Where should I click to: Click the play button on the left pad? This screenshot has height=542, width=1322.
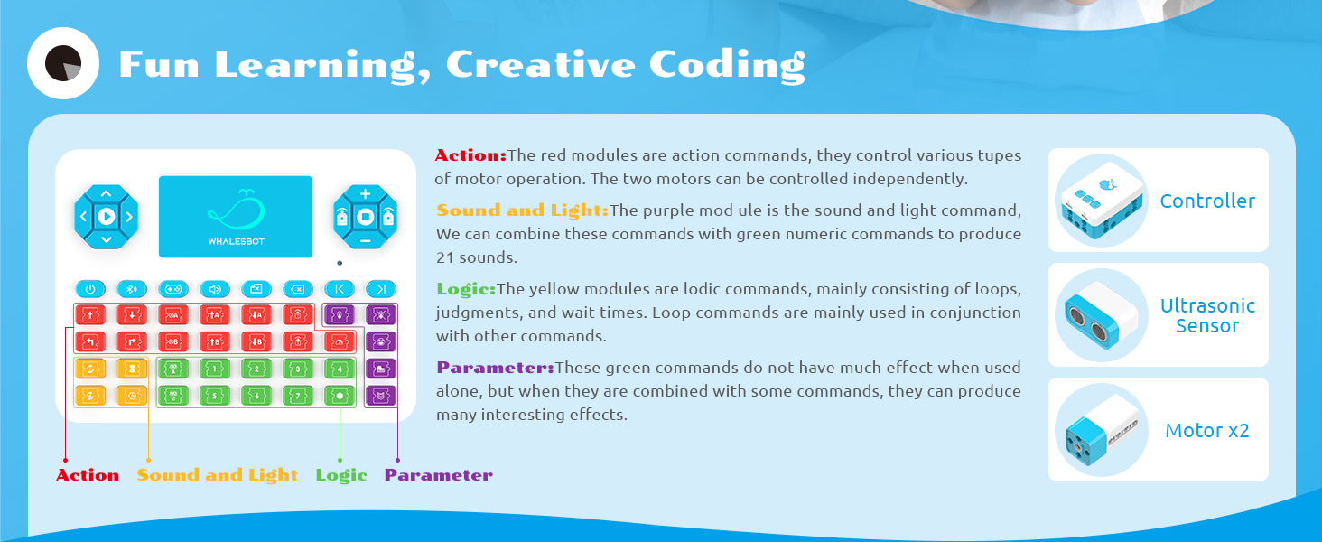(x=107, y=216)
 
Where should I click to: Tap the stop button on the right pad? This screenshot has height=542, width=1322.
(x=365, y=217)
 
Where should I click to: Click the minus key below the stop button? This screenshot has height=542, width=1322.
(x=365, y=241)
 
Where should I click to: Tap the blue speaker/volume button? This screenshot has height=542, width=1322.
(x=214, y=289)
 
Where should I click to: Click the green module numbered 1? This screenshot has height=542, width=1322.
(x=214, y=369)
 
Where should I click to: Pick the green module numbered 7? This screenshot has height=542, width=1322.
(x=297, y=396)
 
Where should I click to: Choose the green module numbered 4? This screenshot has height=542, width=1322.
(x=339, y=369)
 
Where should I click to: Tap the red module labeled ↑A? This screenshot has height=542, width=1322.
(x=214, y=315)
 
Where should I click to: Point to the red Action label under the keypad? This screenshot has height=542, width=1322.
(x=88, y=475)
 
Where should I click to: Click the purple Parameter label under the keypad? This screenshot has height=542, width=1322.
(x=439, y=475)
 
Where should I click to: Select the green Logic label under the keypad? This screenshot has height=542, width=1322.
(x=341, y=475)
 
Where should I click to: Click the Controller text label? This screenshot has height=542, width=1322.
(x=1207, y=201)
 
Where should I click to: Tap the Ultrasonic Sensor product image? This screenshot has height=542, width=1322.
(x=1101, y=315)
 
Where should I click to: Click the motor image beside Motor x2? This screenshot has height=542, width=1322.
(x=1101, y=430)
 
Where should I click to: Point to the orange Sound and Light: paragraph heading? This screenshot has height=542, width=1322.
(x=522, y=210)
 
